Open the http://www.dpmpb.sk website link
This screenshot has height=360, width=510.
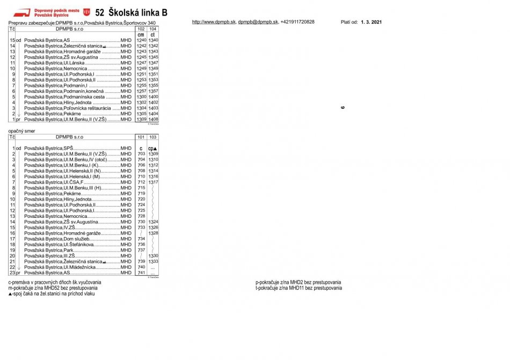[x=213, y=22]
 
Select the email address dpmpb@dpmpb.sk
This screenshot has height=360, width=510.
[x=258, y=22]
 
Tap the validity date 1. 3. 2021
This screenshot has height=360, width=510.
[x=371, y=22]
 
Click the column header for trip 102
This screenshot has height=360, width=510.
[x=141, y=29]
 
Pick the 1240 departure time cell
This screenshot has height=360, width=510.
[x=141, y=40]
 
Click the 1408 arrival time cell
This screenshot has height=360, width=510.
[x=153, y=119]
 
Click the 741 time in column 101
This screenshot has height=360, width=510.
[x=141, y=273]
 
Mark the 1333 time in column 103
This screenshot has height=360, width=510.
[x=153, y=261]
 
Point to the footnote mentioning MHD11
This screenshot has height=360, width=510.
[x=298, y=288]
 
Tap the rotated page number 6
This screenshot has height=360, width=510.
[x=343, y=107]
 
